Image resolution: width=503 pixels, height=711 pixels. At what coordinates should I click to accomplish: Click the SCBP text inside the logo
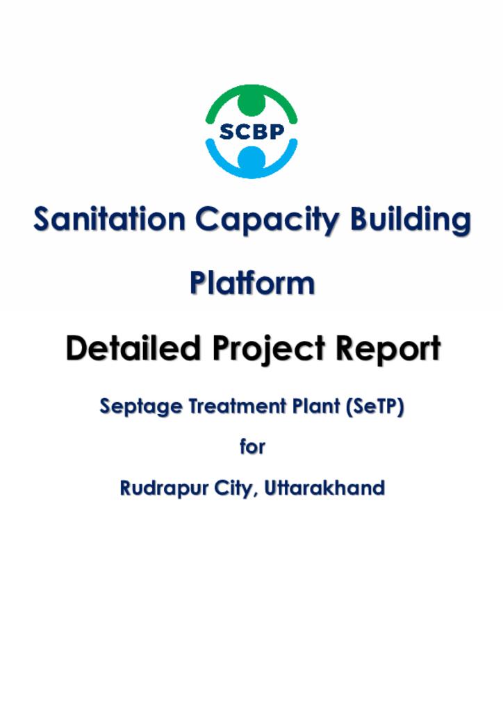click(251, 131)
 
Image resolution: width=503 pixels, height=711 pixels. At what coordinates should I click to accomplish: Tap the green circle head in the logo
click(251, 103)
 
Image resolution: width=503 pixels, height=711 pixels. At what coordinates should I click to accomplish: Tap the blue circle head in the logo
click(251, 159)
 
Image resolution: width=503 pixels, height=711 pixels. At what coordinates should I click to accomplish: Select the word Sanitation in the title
click(110, 219)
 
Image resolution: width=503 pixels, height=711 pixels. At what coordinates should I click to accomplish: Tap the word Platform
click(252, 283)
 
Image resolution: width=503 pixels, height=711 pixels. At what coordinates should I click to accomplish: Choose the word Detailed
click(133, 349)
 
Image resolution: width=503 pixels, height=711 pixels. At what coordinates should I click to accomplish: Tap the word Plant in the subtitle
click(316, 405)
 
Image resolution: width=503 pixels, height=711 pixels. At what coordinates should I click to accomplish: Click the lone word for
click(252, 446)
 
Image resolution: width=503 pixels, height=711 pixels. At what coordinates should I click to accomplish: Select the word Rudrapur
click(164, 489)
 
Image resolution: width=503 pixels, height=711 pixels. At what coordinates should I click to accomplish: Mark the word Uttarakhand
click(324, 488)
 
